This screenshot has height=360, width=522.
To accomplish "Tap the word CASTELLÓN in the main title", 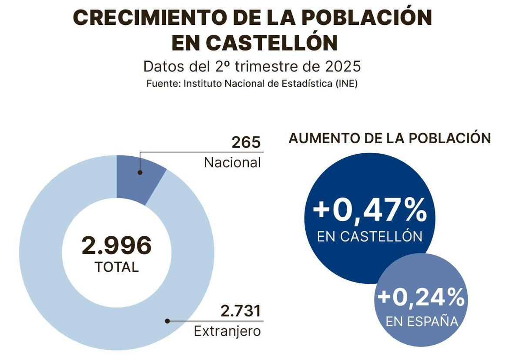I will coord(273,43).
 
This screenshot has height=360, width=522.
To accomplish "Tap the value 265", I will coord(246,142).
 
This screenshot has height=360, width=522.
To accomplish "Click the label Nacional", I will coord(232,162).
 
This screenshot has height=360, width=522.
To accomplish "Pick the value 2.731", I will coord(240,311).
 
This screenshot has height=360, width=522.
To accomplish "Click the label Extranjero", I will coord(227,331).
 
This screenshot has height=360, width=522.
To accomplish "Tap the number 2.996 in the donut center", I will coord(117,246).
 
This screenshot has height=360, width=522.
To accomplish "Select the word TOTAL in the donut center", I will coord(117,267).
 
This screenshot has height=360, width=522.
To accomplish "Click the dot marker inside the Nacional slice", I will coord(140,172).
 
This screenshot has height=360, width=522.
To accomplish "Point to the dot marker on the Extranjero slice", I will coord(167,321).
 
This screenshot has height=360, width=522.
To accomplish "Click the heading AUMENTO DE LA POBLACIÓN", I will coord(389,138).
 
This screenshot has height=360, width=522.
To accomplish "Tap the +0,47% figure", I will coord(370,210).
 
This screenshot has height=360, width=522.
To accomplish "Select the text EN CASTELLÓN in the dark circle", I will coord(370,236).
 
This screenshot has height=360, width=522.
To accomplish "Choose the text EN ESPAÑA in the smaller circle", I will coord(422,322).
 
